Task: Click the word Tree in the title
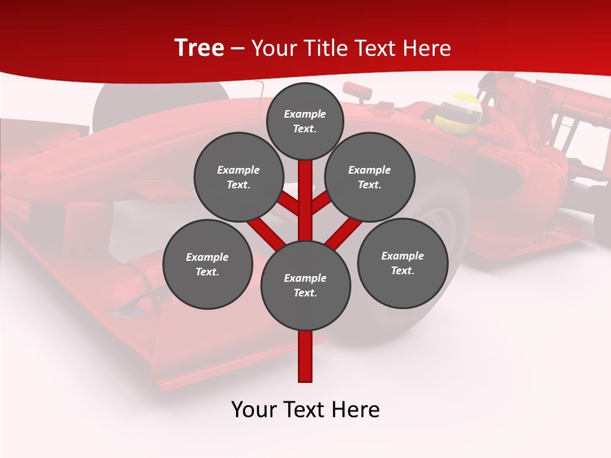pos(199,48)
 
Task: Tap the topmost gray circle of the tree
pos(305,121)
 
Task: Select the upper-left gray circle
pos(238,177)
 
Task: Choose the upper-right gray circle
pos(370,177)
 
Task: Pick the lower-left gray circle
pos(207,264)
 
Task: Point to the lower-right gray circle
pos(403,263)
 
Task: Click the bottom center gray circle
pos(305,285)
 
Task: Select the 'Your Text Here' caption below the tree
pos(305,410)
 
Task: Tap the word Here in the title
pos(427,48)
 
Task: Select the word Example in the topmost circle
pos(305,114)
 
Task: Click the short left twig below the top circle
pos(290,204)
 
